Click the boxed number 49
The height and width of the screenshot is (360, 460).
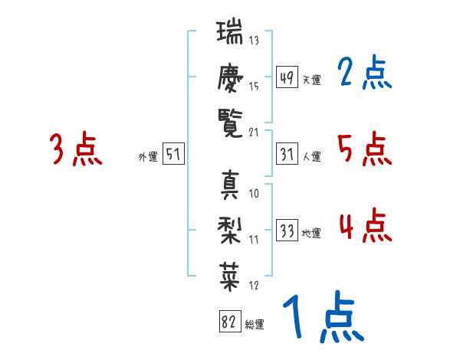coord(287,77)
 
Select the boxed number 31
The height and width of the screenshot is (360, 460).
coord(287,155)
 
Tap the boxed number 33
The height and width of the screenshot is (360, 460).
coord(287,231)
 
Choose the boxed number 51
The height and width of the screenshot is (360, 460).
coord(173,155)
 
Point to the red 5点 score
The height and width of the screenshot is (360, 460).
coord(365,149)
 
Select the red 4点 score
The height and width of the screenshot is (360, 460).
coord(365,226)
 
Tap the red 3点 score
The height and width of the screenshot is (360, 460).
coord(76,149)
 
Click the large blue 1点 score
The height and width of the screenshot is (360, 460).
coord(322,318)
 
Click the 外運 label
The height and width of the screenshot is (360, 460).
coord(147,157)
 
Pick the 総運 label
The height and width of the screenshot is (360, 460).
coord(255,325)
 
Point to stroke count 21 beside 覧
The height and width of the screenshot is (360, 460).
coord(254,133)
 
